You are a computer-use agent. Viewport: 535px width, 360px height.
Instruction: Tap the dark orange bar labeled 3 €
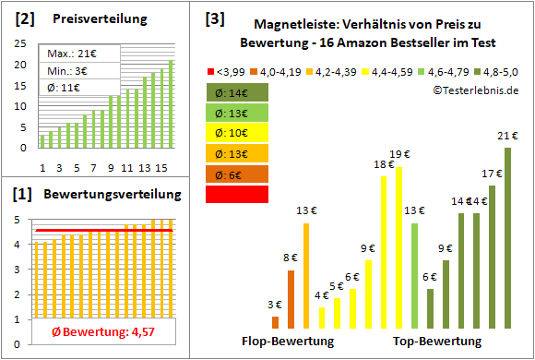click(x=275, y=322)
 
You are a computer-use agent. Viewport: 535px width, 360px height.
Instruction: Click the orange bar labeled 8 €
click(x=291, y=299)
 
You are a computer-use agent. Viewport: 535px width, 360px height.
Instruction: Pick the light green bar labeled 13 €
click(x=414, y=275)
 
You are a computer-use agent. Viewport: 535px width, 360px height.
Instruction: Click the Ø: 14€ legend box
click(x=238, y=92)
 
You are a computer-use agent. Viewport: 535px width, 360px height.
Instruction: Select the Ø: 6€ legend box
click(x=238, y=174)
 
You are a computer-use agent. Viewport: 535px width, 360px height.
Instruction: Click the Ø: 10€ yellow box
click(x=238, y=133)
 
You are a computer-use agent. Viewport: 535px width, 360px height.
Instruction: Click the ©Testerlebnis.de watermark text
click(x=475, y=90)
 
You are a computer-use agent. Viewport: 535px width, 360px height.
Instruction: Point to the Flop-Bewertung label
click(x=287, y=341)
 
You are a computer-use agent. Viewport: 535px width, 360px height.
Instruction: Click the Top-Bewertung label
click(x=437, y=341)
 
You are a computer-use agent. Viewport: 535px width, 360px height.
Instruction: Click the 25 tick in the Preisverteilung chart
click(x=24, y=44)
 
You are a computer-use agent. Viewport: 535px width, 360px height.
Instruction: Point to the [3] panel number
click(x=214, y=18)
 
